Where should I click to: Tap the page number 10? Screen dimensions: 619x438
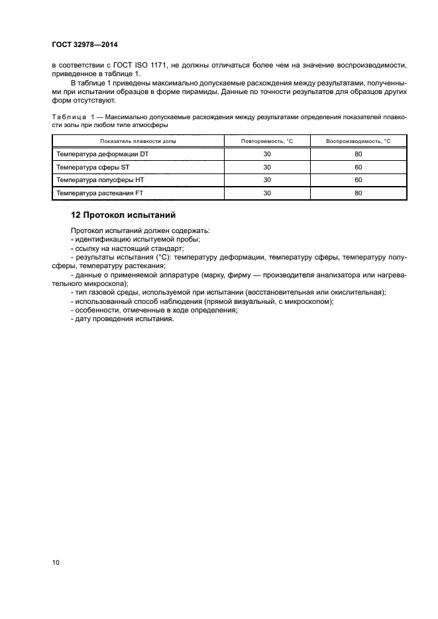56,563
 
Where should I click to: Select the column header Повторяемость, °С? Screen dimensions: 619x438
267,142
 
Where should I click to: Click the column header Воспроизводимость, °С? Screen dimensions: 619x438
358,142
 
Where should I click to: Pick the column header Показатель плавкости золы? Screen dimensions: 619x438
138,142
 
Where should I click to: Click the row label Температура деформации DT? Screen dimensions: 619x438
102,154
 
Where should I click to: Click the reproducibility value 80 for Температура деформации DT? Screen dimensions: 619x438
358,154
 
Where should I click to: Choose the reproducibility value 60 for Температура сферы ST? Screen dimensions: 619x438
358,167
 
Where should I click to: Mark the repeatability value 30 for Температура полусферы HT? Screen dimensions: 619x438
267,180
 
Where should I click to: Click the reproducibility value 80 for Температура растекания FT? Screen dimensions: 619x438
358,193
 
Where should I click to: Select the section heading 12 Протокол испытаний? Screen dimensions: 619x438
123,215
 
